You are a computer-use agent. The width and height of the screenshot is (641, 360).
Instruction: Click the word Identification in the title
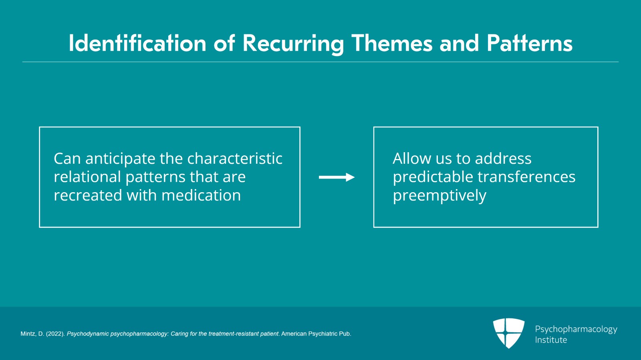point(137,43)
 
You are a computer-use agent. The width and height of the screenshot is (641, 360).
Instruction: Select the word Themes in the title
point(391,43)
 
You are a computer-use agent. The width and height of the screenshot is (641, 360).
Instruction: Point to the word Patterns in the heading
point(529,43)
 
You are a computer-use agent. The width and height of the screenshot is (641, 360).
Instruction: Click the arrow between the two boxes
point(337,177)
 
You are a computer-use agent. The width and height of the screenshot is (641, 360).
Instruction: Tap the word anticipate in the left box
point(120,159)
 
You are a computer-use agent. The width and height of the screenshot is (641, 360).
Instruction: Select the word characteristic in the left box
point(235,159)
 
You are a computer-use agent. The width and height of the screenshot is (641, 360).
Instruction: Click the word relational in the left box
point(87,177)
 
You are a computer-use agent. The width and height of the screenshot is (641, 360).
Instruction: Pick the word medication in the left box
point(201,195)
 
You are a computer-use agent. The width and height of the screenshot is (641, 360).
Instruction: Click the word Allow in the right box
point(412,159)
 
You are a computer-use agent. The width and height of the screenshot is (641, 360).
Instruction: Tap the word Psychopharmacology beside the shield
point(576,330)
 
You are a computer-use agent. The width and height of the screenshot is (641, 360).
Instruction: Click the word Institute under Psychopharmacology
point(551,340)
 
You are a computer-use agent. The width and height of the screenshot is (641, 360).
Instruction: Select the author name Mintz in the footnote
point(28,334)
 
